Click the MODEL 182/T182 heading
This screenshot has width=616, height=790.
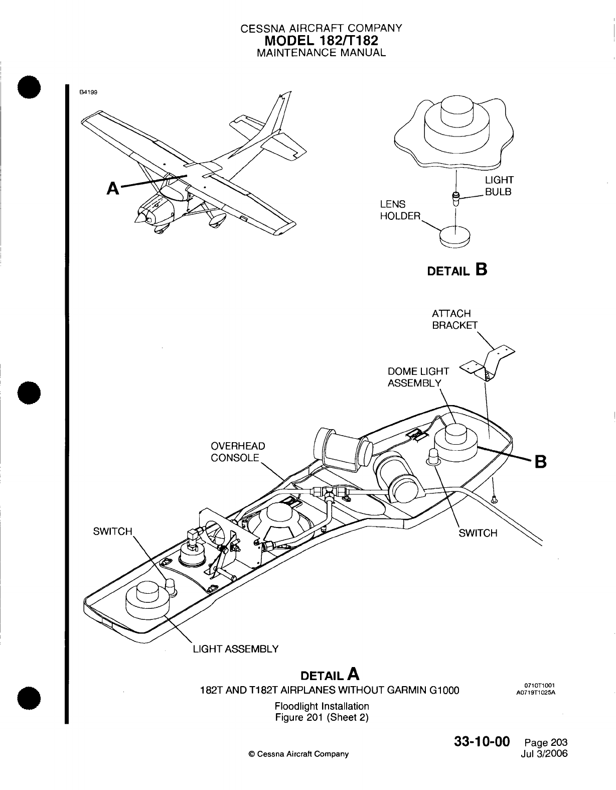click(x=321, y=40)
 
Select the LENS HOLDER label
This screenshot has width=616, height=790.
click(x=400, y=210)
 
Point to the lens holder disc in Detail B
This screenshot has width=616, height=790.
click(x=455, y=236)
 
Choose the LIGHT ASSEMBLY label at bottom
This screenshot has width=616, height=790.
click(x=236, y=649)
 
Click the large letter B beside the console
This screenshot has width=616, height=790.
click(x=540, y=460)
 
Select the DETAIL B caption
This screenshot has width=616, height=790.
click(x=456, y=270)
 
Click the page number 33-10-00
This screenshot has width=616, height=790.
click(x=482, y=742)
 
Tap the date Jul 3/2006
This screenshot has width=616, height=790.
click(x=545, y=753)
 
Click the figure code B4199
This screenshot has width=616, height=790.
click(x=88, y=92)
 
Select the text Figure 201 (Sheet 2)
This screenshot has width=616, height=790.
click(x=322, y=717)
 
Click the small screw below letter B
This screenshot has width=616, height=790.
click(x=495, y=499)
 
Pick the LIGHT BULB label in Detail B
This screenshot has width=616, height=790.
click(x=499, y=186)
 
